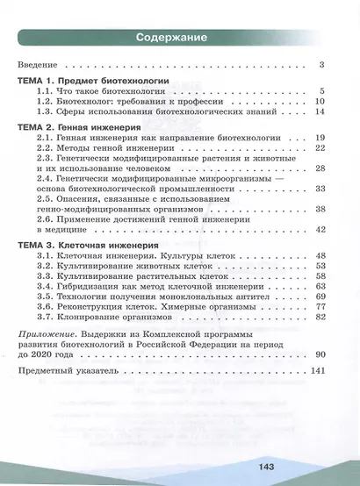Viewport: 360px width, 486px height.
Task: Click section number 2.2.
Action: click(45, 149)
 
